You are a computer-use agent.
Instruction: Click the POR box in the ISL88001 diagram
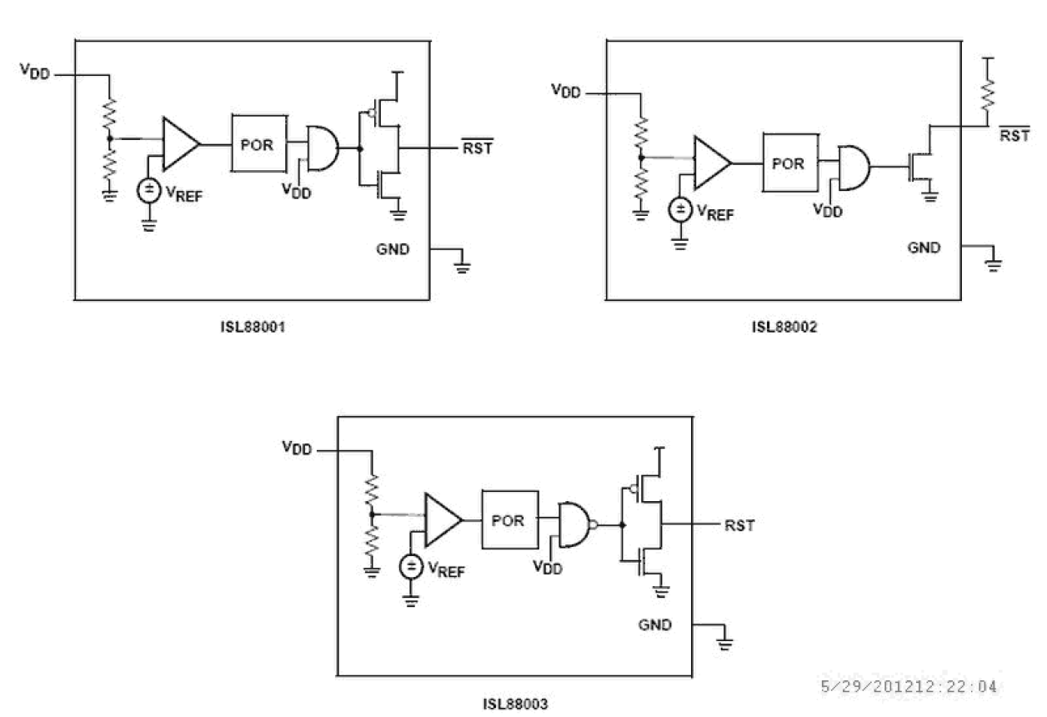[x=258, y=143]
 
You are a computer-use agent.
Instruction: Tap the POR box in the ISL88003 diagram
[x=508, y=519]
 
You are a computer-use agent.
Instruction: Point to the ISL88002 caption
[x=784, y=328]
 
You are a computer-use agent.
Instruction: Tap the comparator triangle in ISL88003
[x=442, y=519]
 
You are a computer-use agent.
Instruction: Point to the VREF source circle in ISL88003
[x=411, y=568]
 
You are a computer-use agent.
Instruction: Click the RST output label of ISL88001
[x=476, y=148]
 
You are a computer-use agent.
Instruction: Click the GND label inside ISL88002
[x=924, y=247]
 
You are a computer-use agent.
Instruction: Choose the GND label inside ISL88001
[x=393, y=248]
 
